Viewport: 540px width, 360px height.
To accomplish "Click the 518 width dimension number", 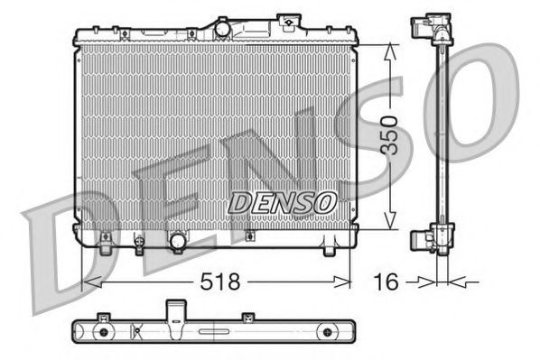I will coord(220,282).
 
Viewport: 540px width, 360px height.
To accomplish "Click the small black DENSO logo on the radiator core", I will coord(282,203).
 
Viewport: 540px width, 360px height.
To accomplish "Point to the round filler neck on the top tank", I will coord(223,28).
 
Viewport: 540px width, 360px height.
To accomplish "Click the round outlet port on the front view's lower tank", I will coord(178,241).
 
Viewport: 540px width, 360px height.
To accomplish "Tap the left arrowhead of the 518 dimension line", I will coord(88,283).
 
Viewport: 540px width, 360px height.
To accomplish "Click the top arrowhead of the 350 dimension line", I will coord(389,51).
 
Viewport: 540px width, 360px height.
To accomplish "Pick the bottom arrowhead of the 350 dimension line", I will coord(389,225).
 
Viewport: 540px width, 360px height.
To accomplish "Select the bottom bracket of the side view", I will coord(431,239).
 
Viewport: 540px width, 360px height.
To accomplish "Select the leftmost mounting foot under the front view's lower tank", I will coord(107,241).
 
